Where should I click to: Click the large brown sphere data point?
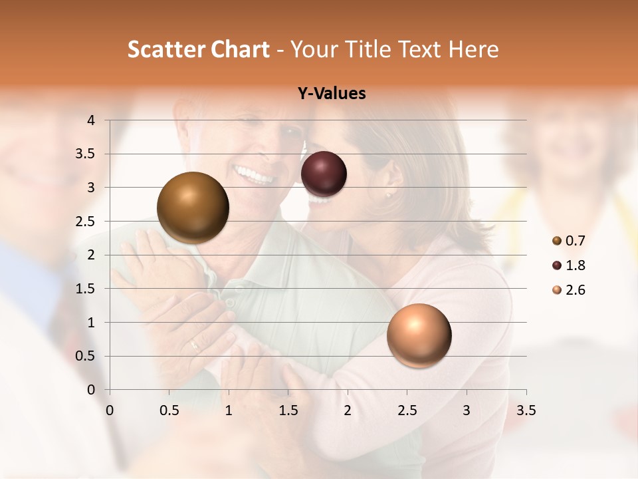pos(193,208)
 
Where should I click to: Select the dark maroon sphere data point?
pos(324,174)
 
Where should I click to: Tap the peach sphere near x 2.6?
pos(419,335)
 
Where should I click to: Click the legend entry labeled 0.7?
pos(568,241)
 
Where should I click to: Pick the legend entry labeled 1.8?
pos(568,265)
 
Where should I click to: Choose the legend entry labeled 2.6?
pos(568,290)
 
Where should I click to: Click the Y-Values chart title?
pos(331,94)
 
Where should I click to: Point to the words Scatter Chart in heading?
pos(199,49)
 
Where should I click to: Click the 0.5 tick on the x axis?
pos(169,410)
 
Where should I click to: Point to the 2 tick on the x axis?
pos(348,410)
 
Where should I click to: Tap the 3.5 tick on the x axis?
pos(526,410)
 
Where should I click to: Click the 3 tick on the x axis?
pos(467,410)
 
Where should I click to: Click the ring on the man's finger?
pos(194,345)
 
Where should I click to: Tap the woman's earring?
pos(388,196)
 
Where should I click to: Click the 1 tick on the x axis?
pos(229,410)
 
